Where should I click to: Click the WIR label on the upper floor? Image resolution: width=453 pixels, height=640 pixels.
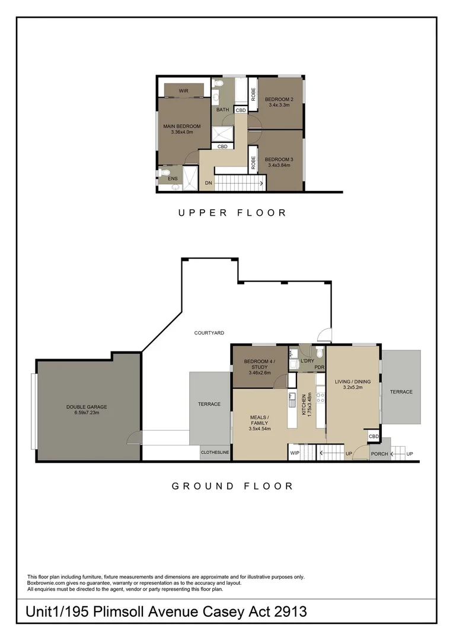(183, 91)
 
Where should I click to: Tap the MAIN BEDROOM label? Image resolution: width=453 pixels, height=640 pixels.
(182, 126)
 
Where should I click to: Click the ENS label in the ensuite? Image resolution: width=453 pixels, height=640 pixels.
(173, 178)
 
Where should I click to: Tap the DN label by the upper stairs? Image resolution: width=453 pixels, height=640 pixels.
(208, 184)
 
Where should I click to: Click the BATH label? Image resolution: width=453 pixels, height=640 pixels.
(222, 110)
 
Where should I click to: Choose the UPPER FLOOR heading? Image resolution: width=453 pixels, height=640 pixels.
(232, 213)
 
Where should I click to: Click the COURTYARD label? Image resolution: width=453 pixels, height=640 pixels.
(209, 333)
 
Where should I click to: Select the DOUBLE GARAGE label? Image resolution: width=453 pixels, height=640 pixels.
(87, 407)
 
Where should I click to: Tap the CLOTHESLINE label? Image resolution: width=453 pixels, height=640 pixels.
(215, 453)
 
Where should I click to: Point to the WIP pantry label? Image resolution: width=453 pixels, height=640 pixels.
(295, 453)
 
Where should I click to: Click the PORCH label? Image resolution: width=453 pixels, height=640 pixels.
(379, 454)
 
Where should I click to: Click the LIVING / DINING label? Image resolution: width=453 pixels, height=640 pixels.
(352, 382)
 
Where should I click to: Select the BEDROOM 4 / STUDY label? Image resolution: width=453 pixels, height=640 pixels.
(260, 364)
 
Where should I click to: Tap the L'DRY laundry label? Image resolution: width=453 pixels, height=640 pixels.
(307, 361)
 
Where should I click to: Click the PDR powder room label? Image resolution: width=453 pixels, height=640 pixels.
(319, 367)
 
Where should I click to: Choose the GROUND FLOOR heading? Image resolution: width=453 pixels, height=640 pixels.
(232, 486)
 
